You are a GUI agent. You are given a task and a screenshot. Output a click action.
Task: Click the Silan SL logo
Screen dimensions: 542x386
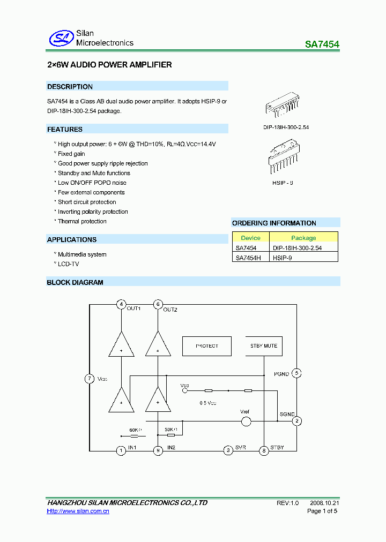[x=61, y=37]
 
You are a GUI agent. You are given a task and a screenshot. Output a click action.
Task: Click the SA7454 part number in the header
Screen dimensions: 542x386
[x=322, y=45]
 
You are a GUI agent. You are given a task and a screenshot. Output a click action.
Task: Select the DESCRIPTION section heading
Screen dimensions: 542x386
[x=70, y=87]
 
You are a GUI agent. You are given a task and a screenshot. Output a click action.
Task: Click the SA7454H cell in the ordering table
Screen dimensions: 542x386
[x=248, y=258]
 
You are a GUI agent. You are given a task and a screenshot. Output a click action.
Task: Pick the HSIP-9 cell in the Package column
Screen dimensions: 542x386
[x=282, y=258]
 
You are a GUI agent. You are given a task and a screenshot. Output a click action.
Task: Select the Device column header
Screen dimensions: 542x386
[x=250, y=238]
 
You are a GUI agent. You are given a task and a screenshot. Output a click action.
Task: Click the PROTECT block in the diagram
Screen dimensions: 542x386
[x=207, y=346]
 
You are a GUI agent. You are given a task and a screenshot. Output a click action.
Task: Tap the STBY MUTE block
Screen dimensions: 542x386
[x=263, y=346]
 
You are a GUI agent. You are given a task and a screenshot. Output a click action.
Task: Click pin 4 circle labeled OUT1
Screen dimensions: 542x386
[x=122, y=305]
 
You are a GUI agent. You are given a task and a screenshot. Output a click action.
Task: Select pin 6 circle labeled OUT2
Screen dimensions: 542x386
[x=158, y=305]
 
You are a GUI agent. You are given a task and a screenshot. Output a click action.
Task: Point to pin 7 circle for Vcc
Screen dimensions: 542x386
[x=90, y=379]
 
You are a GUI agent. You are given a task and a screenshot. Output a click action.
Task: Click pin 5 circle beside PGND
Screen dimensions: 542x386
[x=296, y=373]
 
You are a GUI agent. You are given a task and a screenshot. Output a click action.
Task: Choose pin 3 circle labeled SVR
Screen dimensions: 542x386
[x=228, y=450]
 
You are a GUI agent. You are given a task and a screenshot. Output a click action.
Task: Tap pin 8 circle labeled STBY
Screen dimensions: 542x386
[x=264, y=450]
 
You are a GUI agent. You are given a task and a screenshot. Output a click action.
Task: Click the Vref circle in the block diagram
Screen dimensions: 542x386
[x=246, y=421]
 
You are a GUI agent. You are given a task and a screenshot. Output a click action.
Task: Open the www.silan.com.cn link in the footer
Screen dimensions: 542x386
[x=78, y=511]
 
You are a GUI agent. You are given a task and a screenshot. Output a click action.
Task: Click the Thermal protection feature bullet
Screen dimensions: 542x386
[x=82, y=221]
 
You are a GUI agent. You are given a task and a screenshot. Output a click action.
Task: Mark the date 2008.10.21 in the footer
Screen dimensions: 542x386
[x=324, y=503]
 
